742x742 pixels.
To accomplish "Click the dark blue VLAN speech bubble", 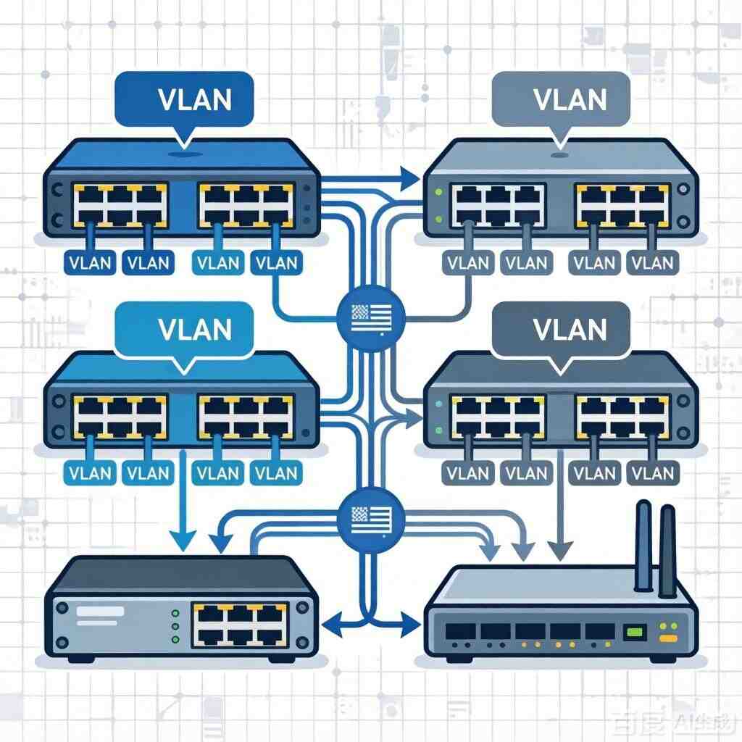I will pyautogui.click(x=184, y=98).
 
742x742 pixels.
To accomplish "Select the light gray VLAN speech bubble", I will pyautogui.click(x=560, y=98).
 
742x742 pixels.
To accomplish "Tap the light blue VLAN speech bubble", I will pyautogui.click(x=184, y=329).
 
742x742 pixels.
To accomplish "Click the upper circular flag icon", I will pyautogui.click(x=371, y=316).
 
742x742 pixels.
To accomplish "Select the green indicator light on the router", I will pyautogui.click(x=635, y=632).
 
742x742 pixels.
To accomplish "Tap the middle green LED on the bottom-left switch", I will pyautogui.click(x=174, y=625).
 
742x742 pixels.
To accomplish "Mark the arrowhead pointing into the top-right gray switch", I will pyautogui.click(x=410, y=175).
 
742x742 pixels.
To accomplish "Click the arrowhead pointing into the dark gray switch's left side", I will pyautogui.click(x=413, y=415).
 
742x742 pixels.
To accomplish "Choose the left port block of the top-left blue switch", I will pyautogui.click(x=120, y=204).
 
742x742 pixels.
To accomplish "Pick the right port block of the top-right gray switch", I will pyautogui.click(x=621, y=204).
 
